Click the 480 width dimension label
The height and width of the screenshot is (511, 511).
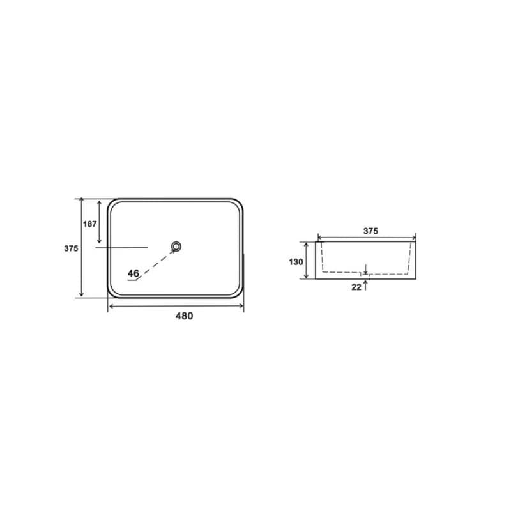tap(184, 316)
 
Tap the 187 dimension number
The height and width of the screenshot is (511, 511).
tap(89, 224)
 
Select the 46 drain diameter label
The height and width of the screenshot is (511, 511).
tap(133, 273)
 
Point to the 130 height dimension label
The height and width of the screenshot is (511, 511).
tap(296, 262)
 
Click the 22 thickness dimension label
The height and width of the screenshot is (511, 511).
tap(356, 287)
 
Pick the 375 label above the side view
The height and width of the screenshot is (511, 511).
tap(370, 231)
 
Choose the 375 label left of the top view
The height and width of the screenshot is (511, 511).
tap(71, 248)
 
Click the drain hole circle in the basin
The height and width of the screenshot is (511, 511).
tap(176, 247)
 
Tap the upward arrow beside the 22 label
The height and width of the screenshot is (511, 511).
tap(365, 285)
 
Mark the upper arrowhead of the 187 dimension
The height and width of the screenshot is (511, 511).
tap(100, 203)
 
